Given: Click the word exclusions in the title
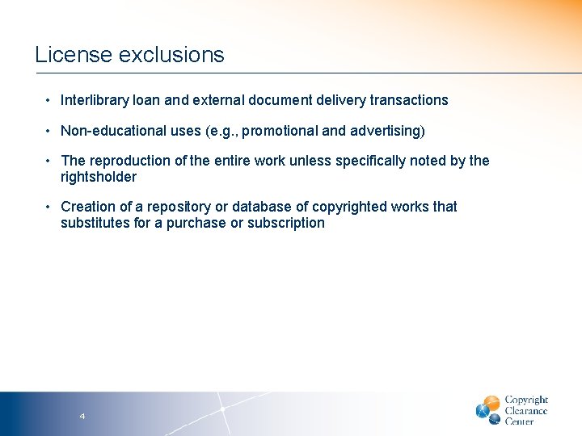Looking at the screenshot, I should point(171,55).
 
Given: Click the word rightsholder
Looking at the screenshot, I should point(99,177).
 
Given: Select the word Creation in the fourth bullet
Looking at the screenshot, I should point(86,207).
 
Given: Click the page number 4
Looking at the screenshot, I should point(82,416).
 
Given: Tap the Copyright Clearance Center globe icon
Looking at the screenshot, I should point(488,409).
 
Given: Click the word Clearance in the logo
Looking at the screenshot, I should point(526,411).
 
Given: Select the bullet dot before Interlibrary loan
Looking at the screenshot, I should point(48,100).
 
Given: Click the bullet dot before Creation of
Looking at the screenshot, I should point(48,207).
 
